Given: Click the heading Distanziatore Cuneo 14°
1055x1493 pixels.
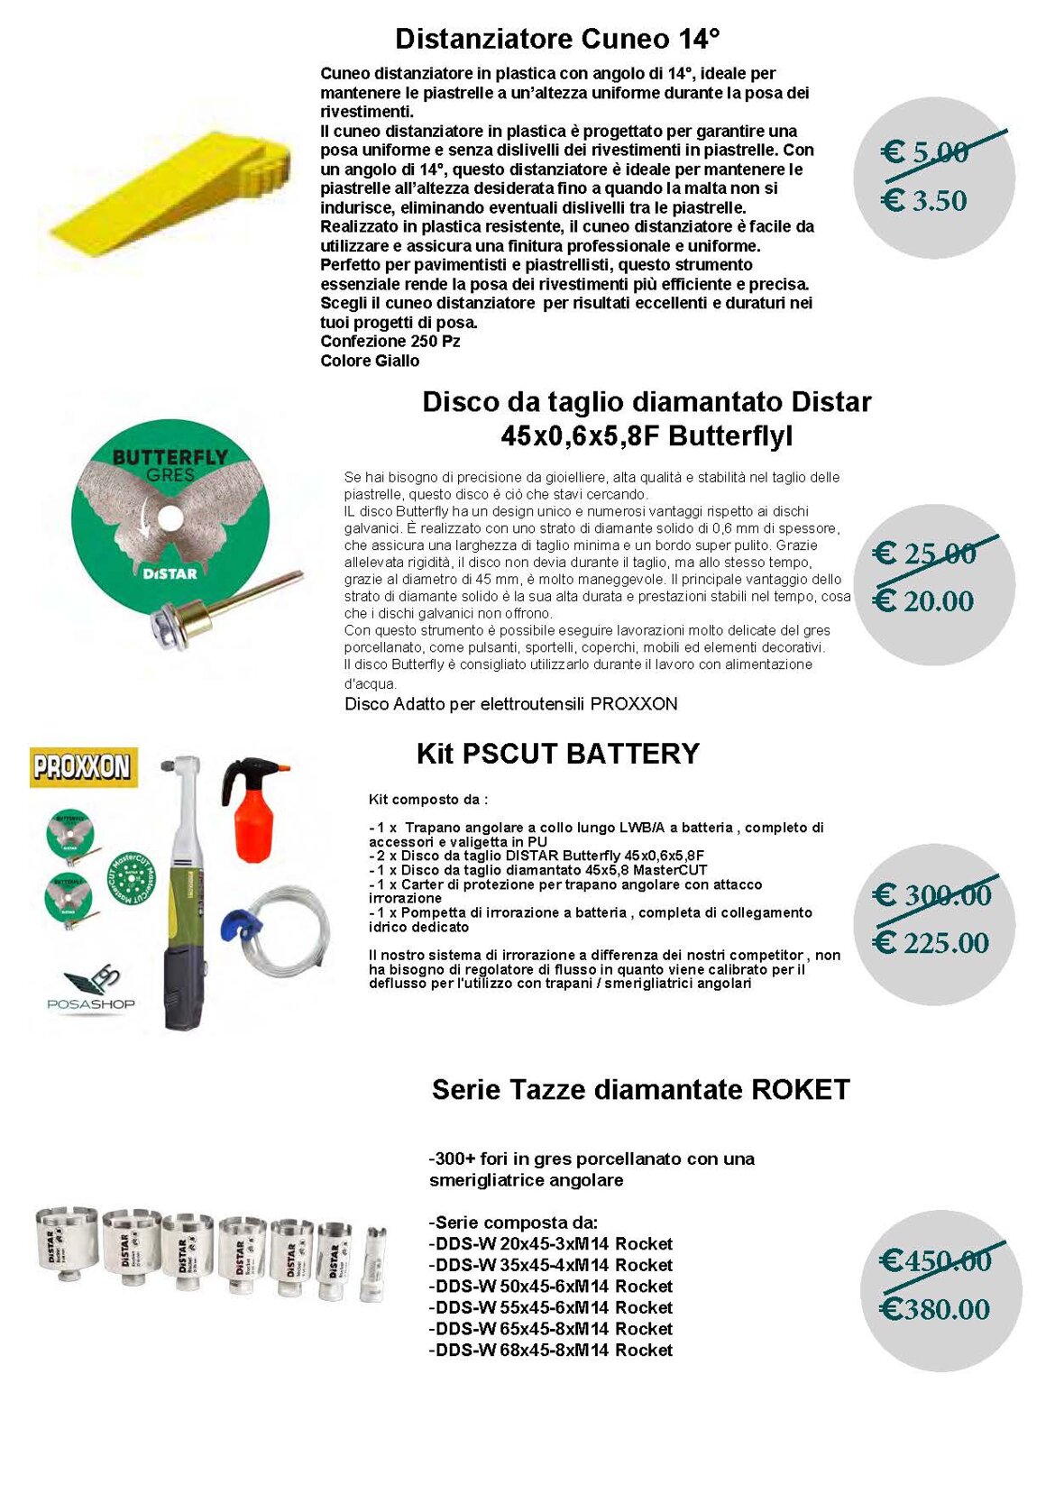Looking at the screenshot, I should pyautogui.click(x=557, y=39).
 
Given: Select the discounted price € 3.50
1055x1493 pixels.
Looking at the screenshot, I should pyautogui.click(x=924, y=200).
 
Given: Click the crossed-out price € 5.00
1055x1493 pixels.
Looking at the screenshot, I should pyautogui.click(x=925, y=151).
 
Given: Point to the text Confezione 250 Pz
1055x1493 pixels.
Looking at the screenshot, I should pyautogui.click(x=390, y=341).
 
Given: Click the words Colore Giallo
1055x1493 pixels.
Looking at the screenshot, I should pyautogui.click(x=370, y=361).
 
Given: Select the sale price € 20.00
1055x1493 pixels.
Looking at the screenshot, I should pyautogui.click(x=925, y=600).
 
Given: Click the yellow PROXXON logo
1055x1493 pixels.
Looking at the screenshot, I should pyautogui.click(x=83, y=766).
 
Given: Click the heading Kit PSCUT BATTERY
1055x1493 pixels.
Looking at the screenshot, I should pyautogui.click(x=557, y=754).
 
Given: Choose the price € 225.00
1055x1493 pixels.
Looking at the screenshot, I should pyautogui.click(x=931, y=943).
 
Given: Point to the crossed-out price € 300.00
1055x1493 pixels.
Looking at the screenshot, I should pyautogui.click(x=931, y=895).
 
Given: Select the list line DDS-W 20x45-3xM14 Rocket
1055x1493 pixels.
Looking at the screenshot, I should pyautogui.click(x=551, y=1244).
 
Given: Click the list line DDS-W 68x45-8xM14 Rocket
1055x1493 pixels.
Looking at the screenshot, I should pyautogui.click(x=551, y=1351).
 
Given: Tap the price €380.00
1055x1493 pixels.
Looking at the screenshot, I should pyautogui.click(x=935, y=1309).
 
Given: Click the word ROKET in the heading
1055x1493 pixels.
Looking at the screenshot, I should pyautogui.click(x=800, y=1089).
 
